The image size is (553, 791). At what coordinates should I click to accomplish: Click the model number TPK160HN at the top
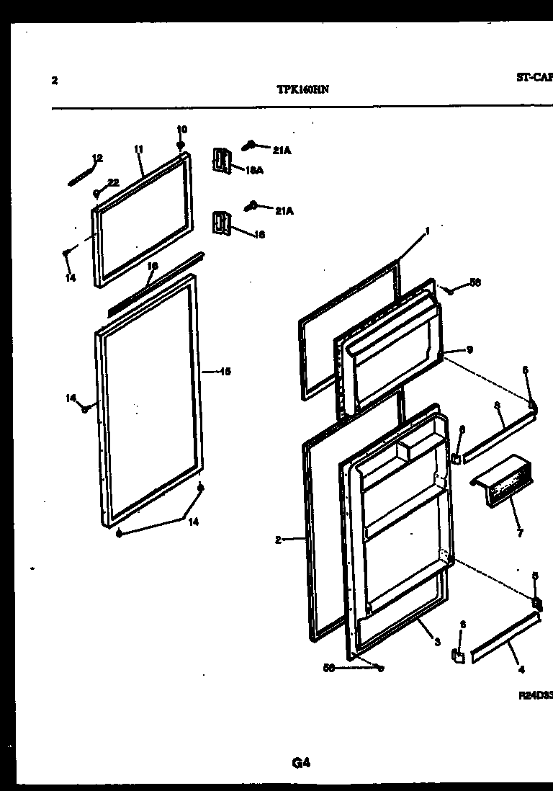(x=303, y=91)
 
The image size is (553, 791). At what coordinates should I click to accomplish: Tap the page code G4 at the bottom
(x=301, y=763)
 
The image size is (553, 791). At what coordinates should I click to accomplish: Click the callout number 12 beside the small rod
(x=97, y=158)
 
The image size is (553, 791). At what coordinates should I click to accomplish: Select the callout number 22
(x=113, y=182)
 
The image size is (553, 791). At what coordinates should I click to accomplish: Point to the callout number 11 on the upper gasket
(x=138, y=149)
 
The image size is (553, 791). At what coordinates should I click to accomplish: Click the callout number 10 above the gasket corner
(x=181, y=130)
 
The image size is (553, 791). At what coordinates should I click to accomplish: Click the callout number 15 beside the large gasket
(x=225, y=372)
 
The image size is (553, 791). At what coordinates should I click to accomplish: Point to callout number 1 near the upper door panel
(x=427, y=231)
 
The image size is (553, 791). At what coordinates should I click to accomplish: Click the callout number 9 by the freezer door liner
(x=469, y=350)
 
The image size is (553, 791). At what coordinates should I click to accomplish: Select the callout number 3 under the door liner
(x=437, y=643)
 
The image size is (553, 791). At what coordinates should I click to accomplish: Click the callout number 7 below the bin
(x=520, y=533)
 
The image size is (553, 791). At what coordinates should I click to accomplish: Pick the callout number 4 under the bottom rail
(x=521, y=669)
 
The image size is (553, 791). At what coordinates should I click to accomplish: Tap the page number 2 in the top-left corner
(x=55, y=80)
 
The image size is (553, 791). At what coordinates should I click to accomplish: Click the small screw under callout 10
(x=181, y=145)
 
